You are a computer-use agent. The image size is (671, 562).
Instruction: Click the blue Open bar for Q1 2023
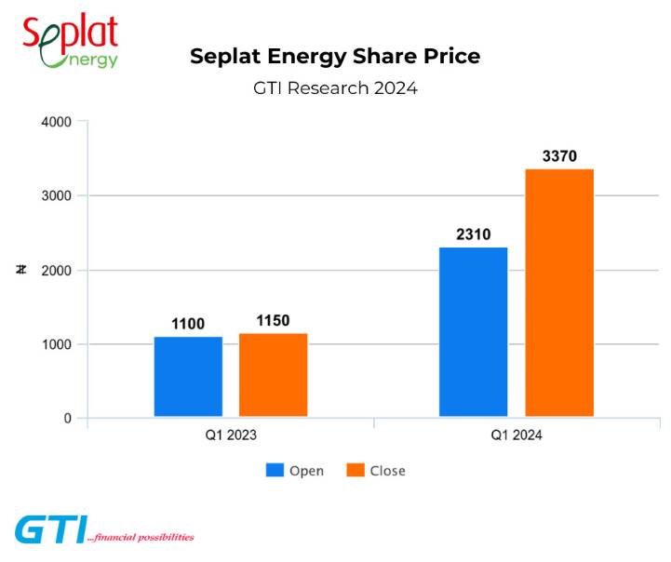(x=188, y=376)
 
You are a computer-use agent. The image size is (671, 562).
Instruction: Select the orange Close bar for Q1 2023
(x=273, y=374)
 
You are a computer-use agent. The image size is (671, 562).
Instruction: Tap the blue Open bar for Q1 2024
(x=474, y=331)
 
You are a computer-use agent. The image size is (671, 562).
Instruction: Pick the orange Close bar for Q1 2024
(x=559, y=292)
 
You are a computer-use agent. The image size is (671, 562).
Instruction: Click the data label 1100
(x=188, y=324)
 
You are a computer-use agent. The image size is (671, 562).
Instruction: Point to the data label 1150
(x=273, y=321)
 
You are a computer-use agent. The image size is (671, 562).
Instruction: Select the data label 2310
(x=474, y=234)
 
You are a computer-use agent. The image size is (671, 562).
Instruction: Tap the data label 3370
(x=559, y=156)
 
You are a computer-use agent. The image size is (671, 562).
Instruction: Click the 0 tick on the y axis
(x=67, y=419)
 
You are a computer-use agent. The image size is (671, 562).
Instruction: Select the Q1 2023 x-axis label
(x=231, y=435)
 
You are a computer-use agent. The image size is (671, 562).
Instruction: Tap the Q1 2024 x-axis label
(x=517, y=435)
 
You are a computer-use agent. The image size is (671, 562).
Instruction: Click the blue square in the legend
(x=274, y=470)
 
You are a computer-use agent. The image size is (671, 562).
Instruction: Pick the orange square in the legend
(x=355, y=470)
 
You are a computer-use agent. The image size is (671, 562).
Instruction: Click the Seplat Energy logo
(x=71, y=40)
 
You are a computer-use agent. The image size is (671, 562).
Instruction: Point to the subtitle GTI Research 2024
(x=335, y=88)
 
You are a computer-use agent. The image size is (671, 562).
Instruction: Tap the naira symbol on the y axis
(x=20, y=270)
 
